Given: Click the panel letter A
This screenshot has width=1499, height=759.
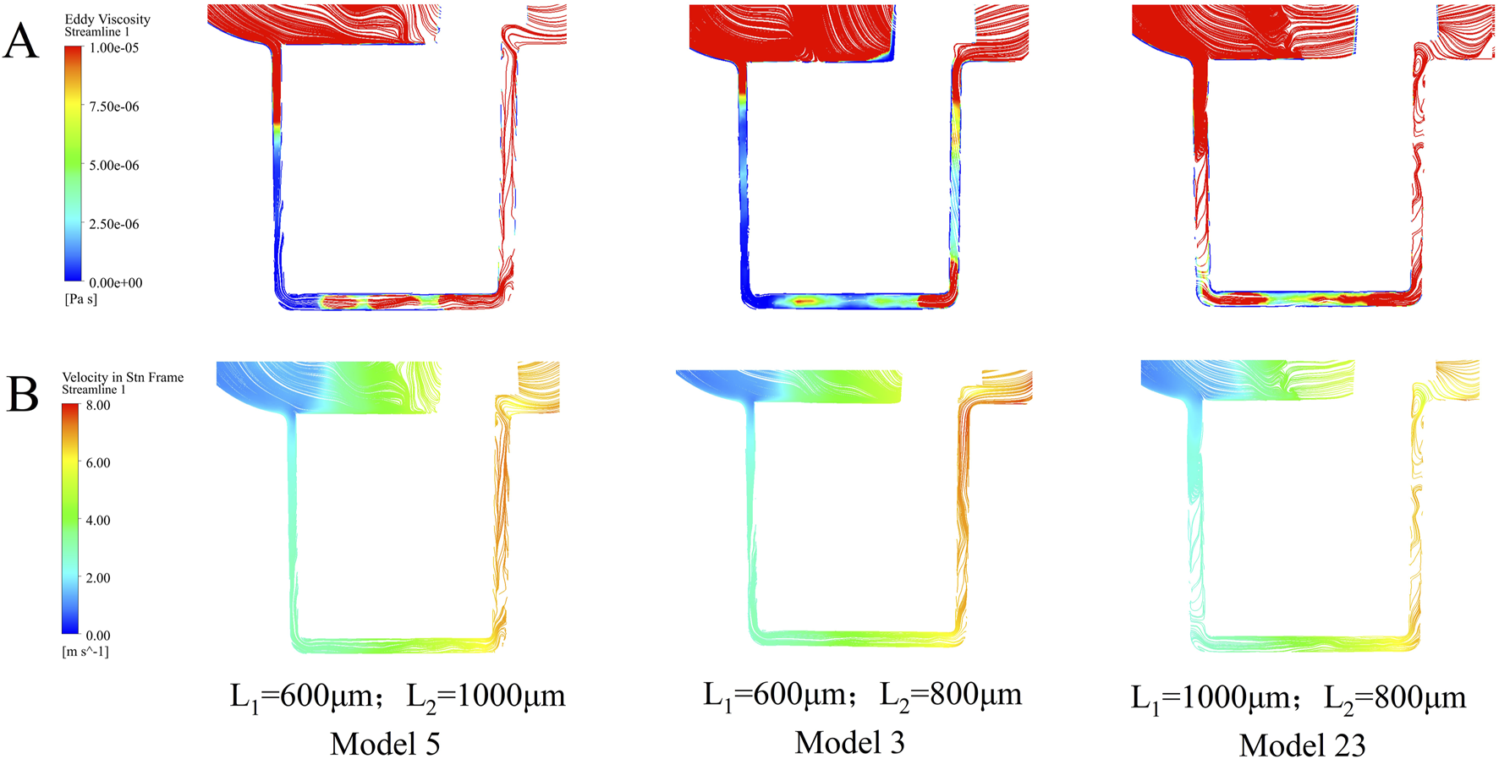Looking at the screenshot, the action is click(21, 41).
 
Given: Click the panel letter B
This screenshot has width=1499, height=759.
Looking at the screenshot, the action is click(23, 393).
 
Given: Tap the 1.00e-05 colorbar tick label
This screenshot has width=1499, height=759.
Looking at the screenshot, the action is click(114, 48).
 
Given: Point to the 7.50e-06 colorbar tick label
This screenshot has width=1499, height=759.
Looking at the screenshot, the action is click(114, 106).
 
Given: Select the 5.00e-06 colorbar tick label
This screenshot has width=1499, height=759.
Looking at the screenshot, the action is click(114, 166).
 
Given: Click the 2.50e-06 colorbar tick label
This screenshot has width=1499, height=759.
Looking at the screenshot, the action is click(114, 224).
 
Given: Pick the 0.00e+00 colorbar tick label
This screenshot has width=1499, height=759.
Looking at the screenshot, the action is click(116, 283).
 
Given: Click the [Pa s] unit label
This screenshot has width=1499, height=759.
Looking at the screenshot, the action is click(81, 299).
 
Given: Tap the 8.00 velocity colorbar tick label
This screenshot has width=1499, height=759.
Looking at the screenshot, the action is click(98, 406).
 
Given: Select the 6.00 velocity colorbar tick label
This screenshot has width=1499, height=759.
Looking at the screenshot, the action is click(98, 463).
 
